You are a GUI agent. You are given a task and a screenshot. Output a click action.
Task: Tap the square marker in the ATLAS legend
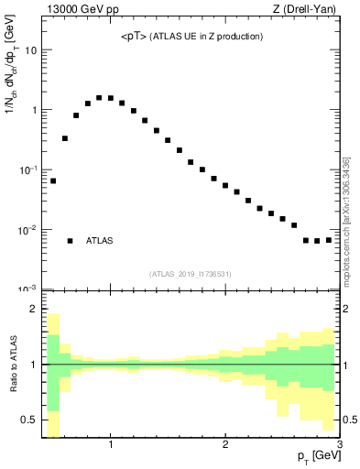(x=70, y=241)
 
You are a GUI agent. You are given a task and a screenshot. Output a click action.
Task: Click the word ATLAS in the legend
(x=100, y=241)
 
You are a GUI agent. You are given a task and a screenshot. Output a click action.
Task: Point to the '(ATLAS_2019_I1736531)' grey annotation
(x=191, y=273)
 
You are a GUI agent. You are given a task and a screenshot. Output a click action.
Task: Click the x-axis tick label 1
(x=111, y=446)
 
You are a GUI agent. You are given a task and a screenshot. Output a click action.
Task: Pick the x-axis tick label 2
(x=225, y=446)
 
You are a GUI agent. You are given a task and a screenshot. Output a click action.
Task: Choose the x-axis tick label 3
(x=339, y=446)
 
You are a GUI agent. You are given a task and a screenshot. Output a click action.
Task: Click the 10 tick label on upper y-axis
(x=30, y=50)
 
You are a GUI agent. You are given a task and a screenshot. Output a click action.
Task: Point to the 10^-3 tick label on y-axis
(x=27, y=289)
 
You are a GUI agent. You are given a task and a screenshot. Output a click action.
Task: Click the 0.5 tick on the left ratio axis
(x=29, y=420)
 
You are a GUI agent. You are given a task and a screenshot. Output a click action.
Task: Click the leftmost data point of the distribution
(x=53, y=180)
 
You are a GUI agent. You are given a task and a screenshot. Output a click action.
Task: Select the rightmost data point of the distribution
(x=329, y=240)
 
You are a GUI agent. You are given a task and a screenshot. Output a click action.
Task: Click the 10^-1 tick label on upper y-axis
(x=27, y=170)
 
